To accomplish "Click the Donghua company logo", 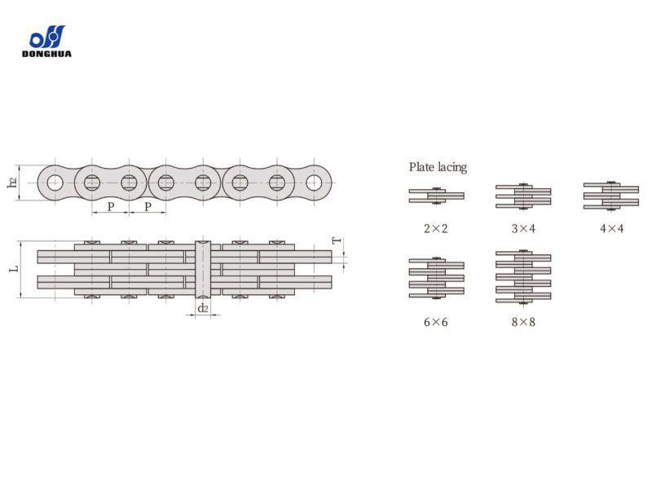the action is (x=46, y=42).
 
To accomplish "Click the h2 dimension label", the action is (x=13, y=182).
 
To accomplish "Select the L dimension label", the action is (x=15, y=269).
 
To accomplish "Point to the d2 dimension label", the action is (x=202, y=308).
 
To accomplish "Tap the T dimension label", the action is (x=337, y=240).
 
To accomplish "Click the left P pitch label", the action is (x=111, y=206).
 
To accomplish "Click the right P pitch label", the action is (x=148, y=206).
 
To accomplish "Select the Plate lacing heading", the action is (x=438, y=167).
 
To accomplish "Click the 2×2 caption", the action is (x=436, y=228).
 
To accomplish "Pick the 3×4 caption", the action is (x=523, y=228).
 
